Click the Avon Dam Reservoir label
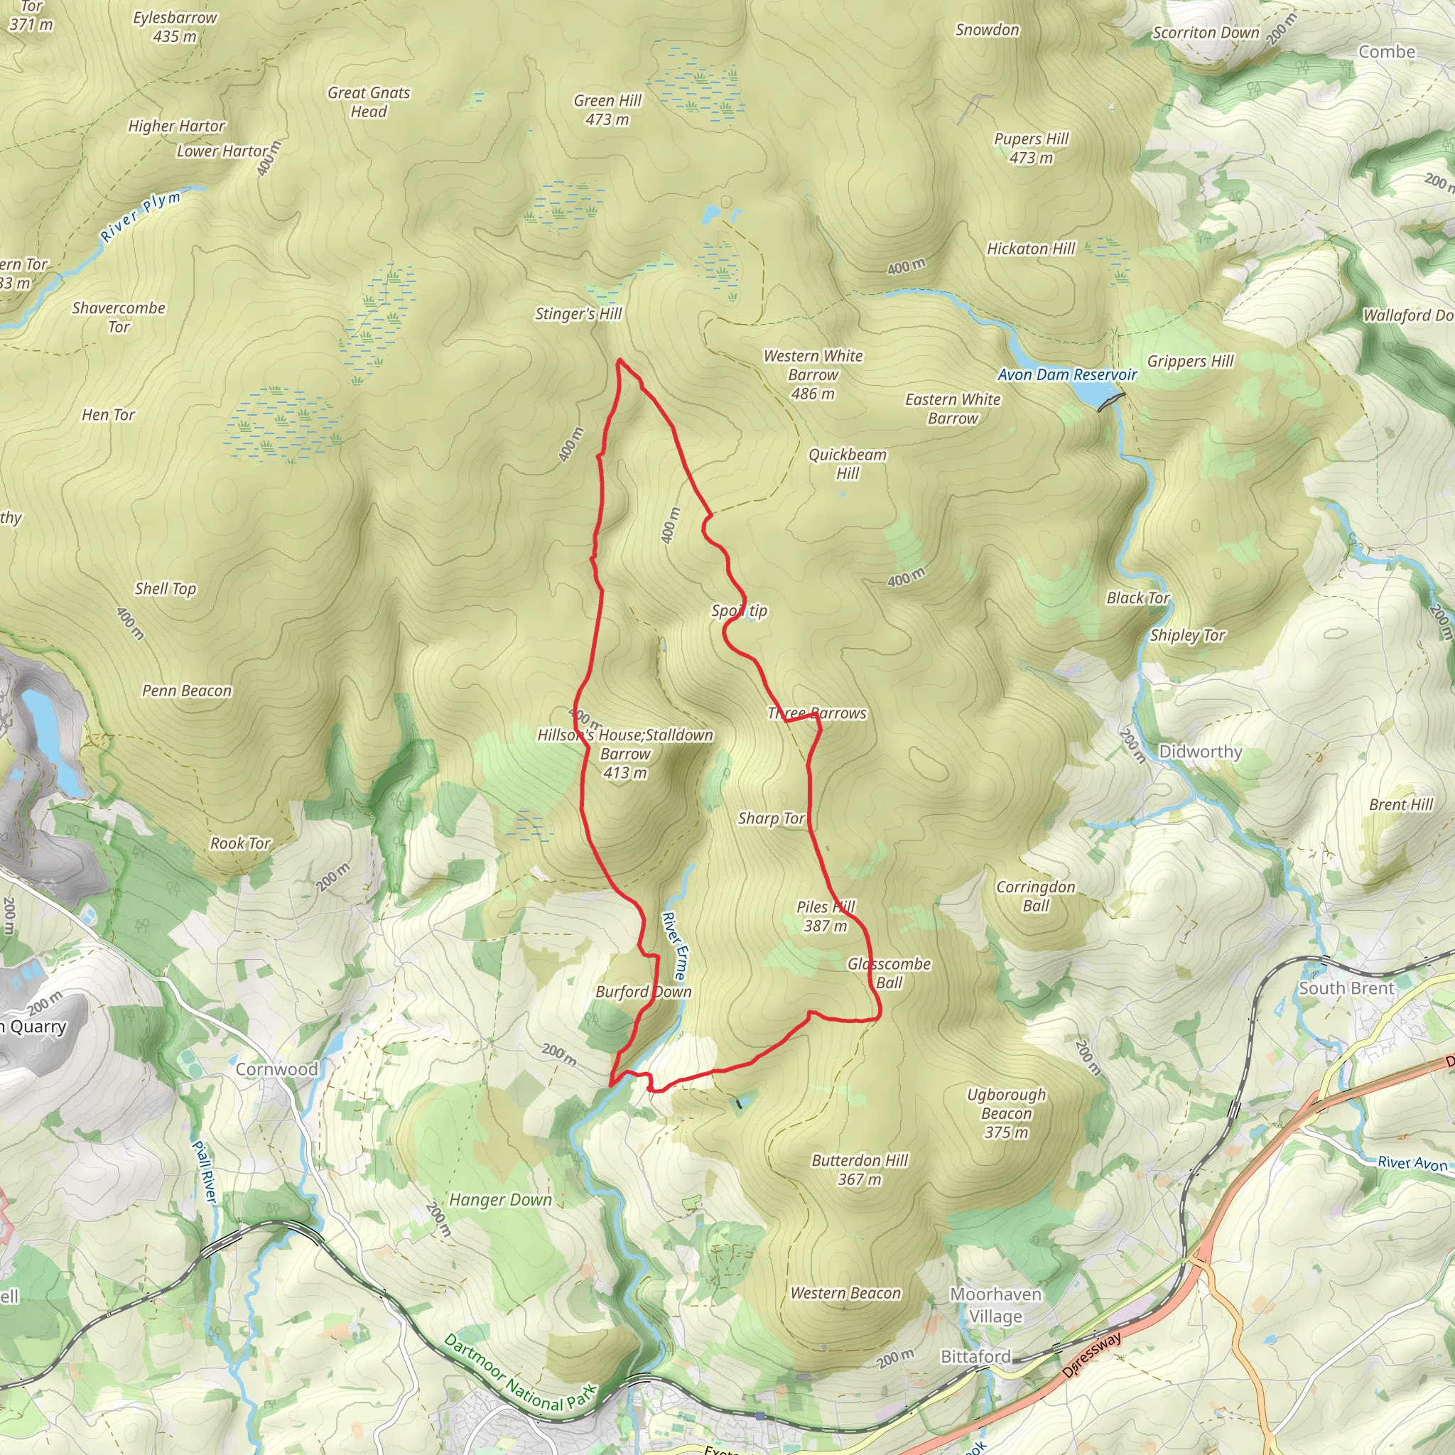pos(1067,375)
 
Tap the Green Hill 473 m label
pos(607,110)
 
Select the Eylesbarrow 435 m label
pos(175,26)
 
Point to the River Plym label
pos(141,216)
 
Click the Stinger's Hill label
pos(578,314)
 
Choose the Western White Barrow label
pos(813,374)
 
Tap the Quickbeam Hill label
pos(848,464)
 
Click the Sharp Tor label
pos(771,818)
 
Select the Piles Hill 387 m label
pos(826,916)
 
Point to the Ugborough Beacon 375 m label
pos(1006,1113)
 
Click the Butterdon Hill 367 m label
pos(860,1169)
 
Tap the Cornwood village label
pos(276,1069)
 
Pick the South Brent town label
pos(1346,988)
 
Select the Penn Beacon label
pos(187,691)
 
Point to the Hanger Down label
pos(501,1201)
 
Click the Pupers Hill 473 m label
pos(1031,148)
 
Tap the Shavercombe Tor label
pos(119,317)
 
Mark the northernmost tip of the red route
pos(619,360)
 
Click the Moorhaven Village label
pos(995,1305)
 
